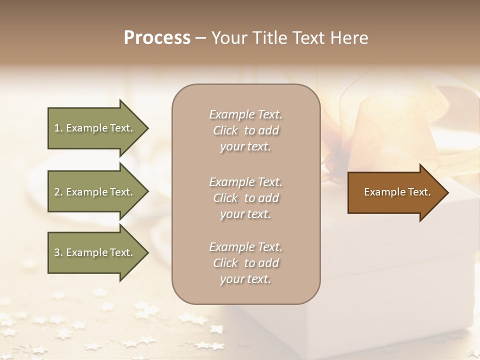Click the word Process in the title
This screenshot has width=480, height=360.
coord(157,38)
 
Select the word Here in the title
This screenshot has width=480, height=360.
coord(350,38)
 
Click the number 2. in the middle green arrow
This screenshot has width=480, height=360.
coord(58,192)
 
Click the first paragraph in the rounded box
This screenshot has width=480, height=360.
coord(245,130)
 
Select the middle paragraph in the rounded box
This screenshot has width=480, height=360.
coord(245,198)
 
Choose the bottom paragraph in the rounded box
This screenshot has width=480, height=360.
coord(245,263)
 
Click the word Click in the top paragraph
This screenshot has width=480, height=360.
coord(225,130)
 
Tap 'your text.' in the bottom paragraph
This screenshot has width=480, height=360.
coord(245,279)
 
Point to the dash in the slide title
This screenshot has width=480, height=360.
coord(200,38)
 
